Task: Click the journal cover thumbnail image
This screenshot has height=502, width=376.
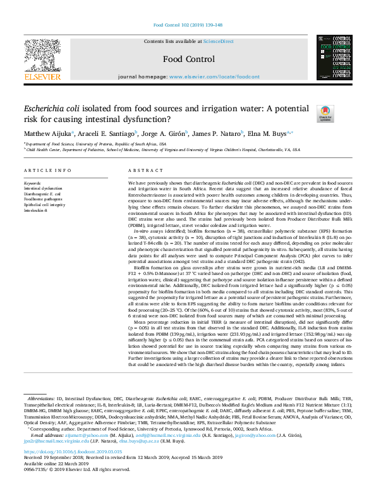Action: pyautogui.click(x=334, y=58)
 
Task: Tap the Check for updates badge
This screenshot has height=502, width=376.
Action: pyautogui.click(x=325, y=114)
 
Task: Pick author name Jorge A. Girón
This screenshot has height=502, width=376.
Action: pyautogui.click(x=162, y=134)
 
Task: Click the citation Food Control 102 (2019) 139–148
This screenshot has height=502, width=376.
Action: pyautogui.click(x=188, y=26)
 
